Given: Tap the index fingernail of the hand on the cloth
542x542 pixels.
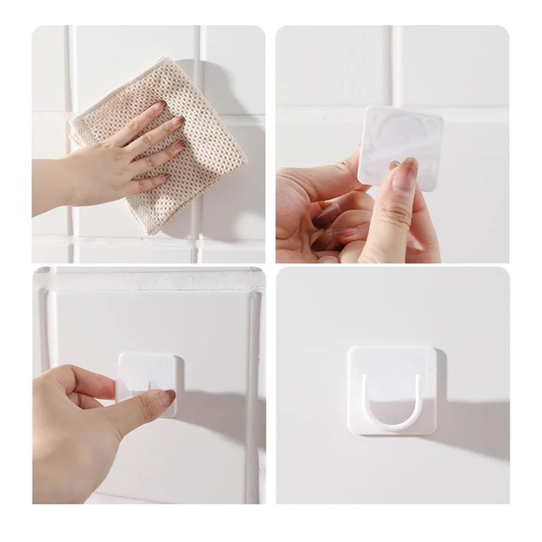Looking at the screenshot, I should pyautogui.click(x=158, y=106).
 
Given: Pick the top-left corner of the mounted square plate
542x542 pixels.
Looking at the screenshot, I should pyautogui.click(x=352, y=350).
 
